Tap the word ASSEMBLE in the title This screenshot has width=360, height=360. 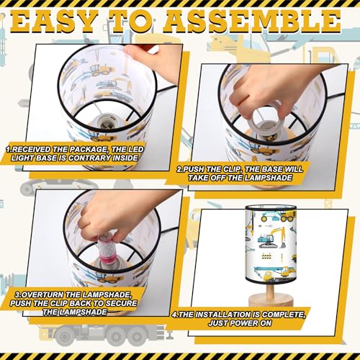pos(253,22)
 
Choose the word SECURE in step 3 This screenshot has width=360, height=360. pos(122,303)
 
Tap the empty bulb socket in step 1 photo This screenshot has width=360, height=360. pos(104,121)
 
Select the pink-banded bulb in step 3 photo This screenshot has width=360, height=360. pos(106,249)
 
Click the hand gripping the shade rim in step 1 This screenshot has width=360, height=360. pos(153,59)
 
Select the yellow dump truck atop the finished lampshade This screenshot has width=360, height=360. pos(287,217)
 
